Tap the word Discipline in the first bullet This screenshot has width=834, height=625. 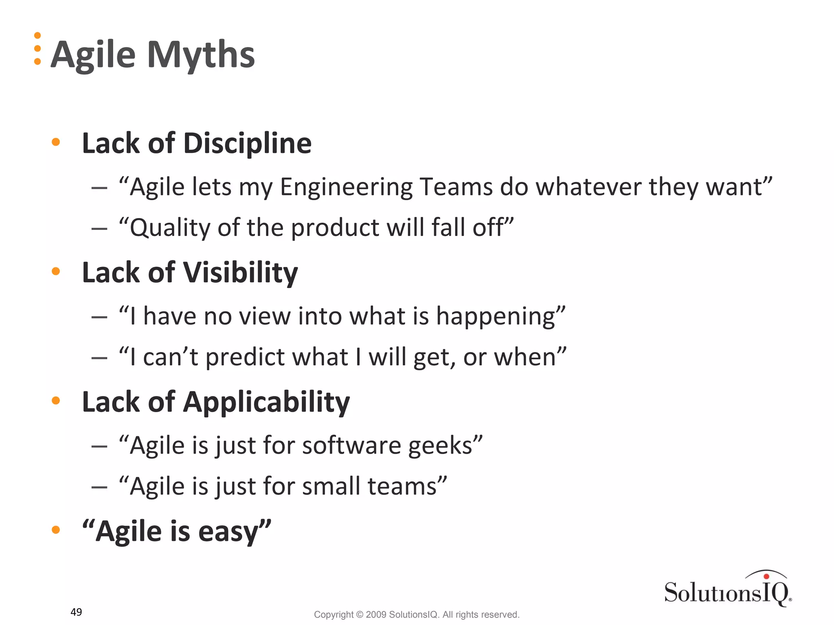tap(247, 144)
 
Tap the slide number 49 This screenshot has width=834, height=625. tap(76, 612)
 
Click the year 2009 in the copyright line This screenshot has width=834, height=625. tap(375, 614)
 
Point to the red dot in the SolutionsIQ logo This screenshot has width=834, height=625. tap(766, 576)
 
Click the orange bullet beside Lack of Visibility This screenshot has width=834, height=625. tap(56, 271)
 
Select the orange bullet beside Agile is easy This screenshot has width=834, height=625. tap(56, 530)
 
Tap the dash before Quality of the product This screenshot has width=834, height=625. tap(99, 229)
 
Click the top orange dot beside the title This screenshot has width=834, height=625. tap(37, 35)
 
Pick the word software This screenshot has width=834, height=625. tap(351, 446)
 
